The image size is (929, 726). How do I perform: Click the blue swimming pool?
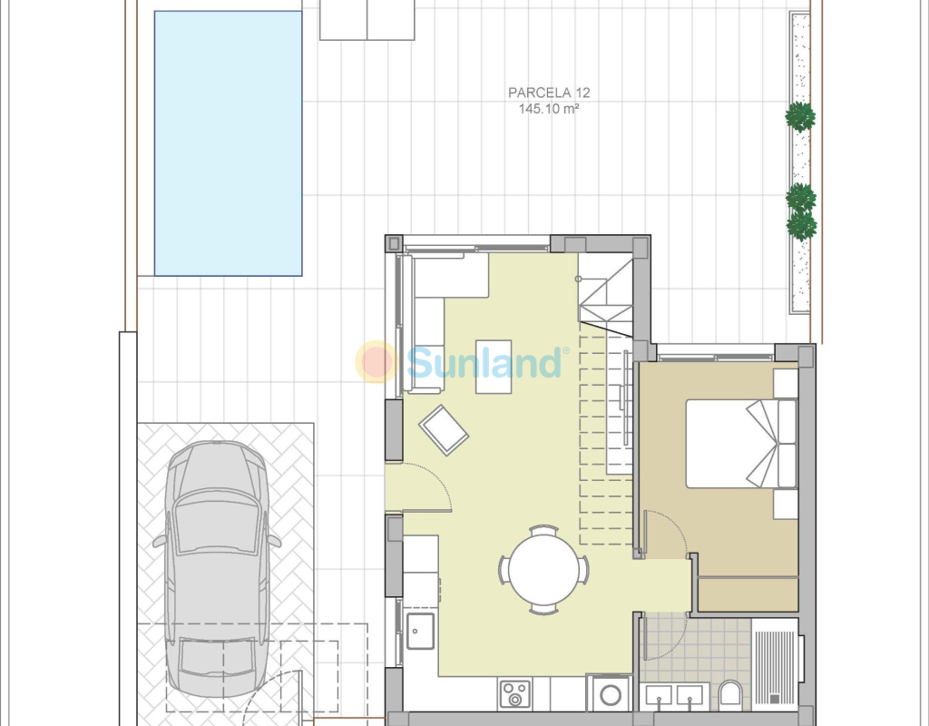pos(228,143)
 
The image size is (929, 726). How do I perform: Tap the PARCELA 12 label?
pos(549,93)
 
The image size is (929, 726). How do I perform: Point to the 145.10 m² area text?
pos(549,109)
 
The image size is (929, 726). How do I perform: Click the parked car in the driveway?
pos(217,569)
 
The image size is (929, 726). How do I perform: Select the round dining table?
pos(544,570)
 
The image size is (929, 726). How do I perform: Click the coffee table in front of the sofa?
pos(494,367)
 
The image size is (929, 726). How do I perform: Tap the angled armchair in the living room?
pos(444,430)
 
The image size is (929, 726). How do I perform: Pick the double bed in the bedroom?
pos(741,443)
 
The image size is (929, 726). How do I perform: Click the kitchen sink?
pos(420,631)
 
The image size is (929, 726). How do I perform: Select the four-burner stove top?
pos(515,694)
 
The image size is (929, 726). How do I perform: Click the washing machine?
pos(609,692)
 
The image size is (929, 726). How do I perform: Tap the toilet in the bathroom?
pos(730,694)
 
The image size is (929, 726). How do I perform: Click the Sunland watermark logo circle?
pos(376,361)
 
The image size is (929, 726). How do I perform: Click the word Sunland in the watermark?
pos(484,363)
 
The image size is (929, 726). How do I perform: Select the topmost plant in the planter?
pos(800,117)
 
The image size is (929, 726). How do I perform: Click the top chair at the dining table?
pos(544,529)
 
